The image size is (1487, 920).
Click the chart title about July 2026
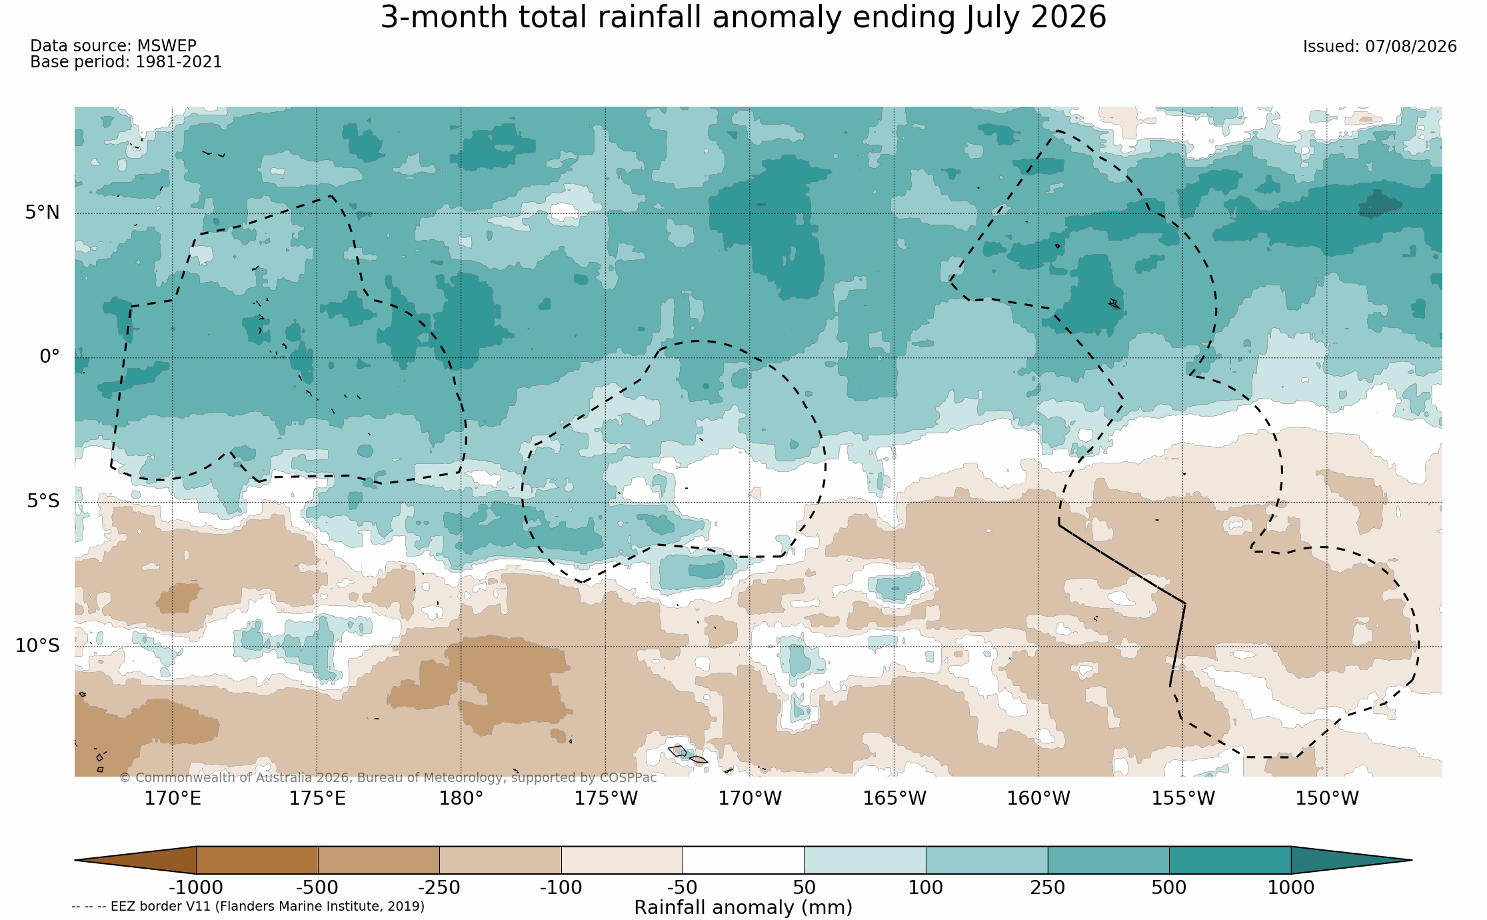point(743,17)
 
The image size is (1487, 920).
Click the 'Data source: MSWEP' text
point(113,46)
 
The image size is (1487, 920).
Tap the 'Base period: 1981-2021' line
point(126,62)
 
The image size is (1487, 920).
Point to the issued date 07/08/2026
point(1380,47)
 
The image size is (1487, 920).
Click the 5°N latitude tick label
point(43,213)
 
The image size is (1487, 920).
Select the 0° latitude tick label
point(49,357)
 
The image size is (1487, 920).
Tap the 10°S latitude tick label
point(37,645)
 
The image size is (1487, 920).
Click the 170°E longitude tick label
point(173,798)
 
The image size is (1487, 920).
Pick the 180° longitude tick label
point(461,798)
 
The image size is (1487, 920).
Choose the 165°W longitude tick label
point(894,798)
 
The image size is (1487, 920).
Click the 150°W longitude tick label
point(1326,798)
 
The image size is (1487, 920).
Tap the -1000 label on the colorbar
point(196,888)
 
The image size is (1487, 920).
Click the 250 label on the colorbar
point(1048,888)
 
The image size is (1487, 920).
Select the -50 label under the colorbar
point(683,888)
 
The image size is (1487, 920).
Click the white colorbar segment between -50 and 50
point(743,860)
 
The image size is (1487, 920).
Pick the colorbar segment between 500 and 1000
point(1230,860)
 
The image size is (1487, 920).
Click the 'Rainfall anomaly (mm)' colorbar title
point(743,908)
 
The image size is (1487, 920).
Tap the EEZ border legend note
point(248,907)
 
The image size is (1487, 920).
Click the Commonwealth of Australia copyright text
point(388,778)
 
